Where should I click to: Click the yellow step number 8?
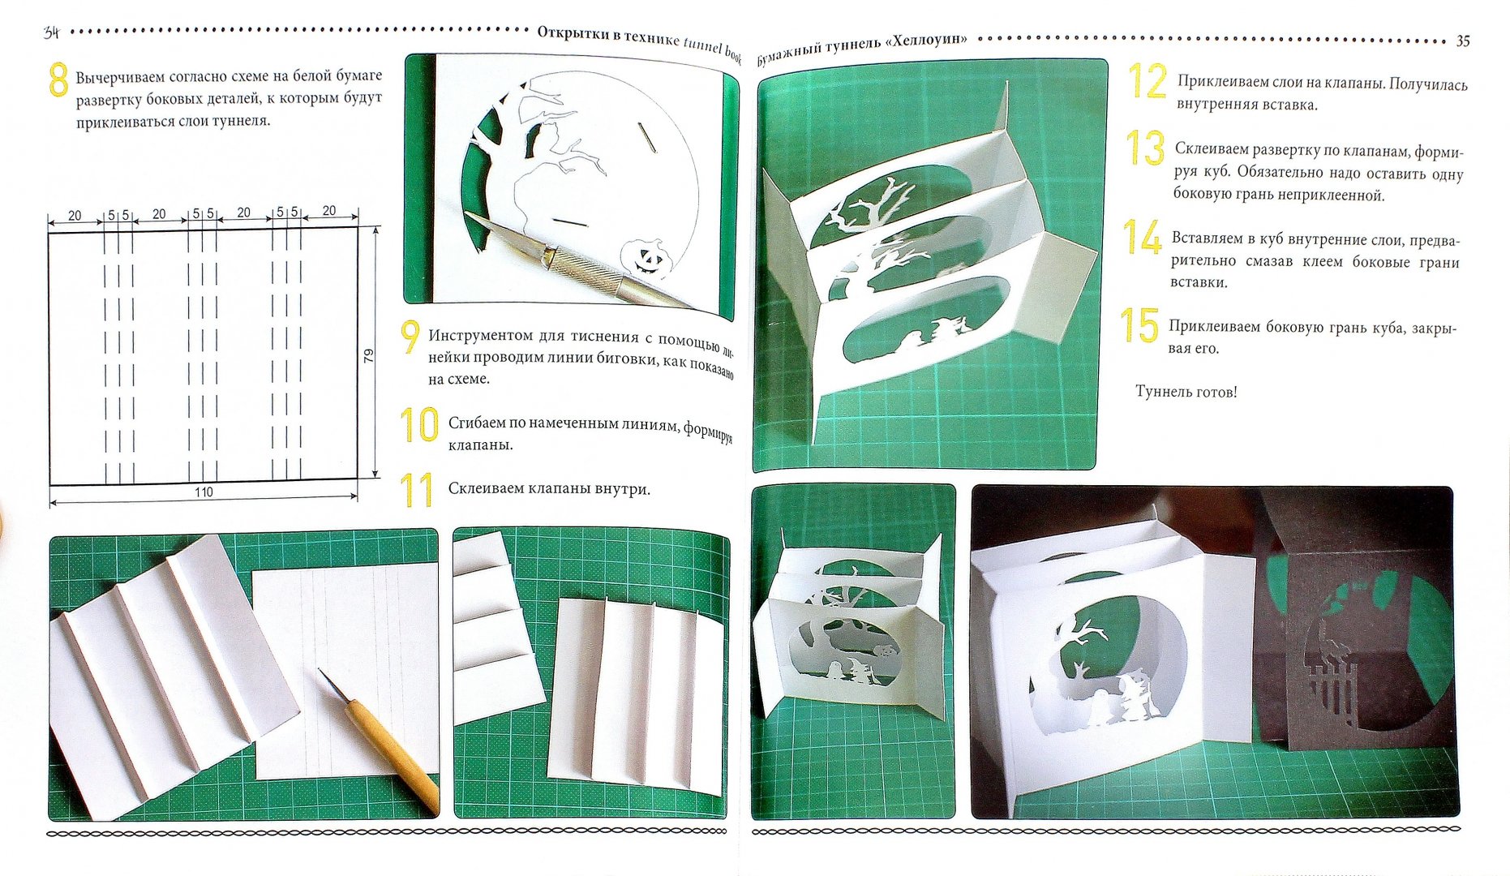pos(58,79)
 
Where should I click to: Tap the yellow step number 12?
pos(1148,82)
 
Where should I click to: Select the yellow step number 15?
pos(1139,325)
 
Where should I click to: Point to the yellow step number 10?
pos(419,425)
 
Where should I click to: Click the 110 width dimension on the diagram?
pos(204,492)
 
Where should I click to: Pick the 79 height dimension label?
pos(369,355)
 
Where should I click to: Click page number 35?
pos(1463,41)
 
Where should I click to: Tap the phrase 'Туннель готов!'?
pos(1186,392)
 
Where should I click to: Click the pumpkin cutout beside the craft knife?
pos(647,258)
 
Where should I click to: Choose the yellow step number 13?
pos(1145,148)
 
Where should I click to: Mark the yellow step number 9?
pos(411,337)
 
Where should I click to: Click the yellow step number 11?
pos(417,491)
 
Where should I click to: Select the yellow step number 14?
pos(1142,237)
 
